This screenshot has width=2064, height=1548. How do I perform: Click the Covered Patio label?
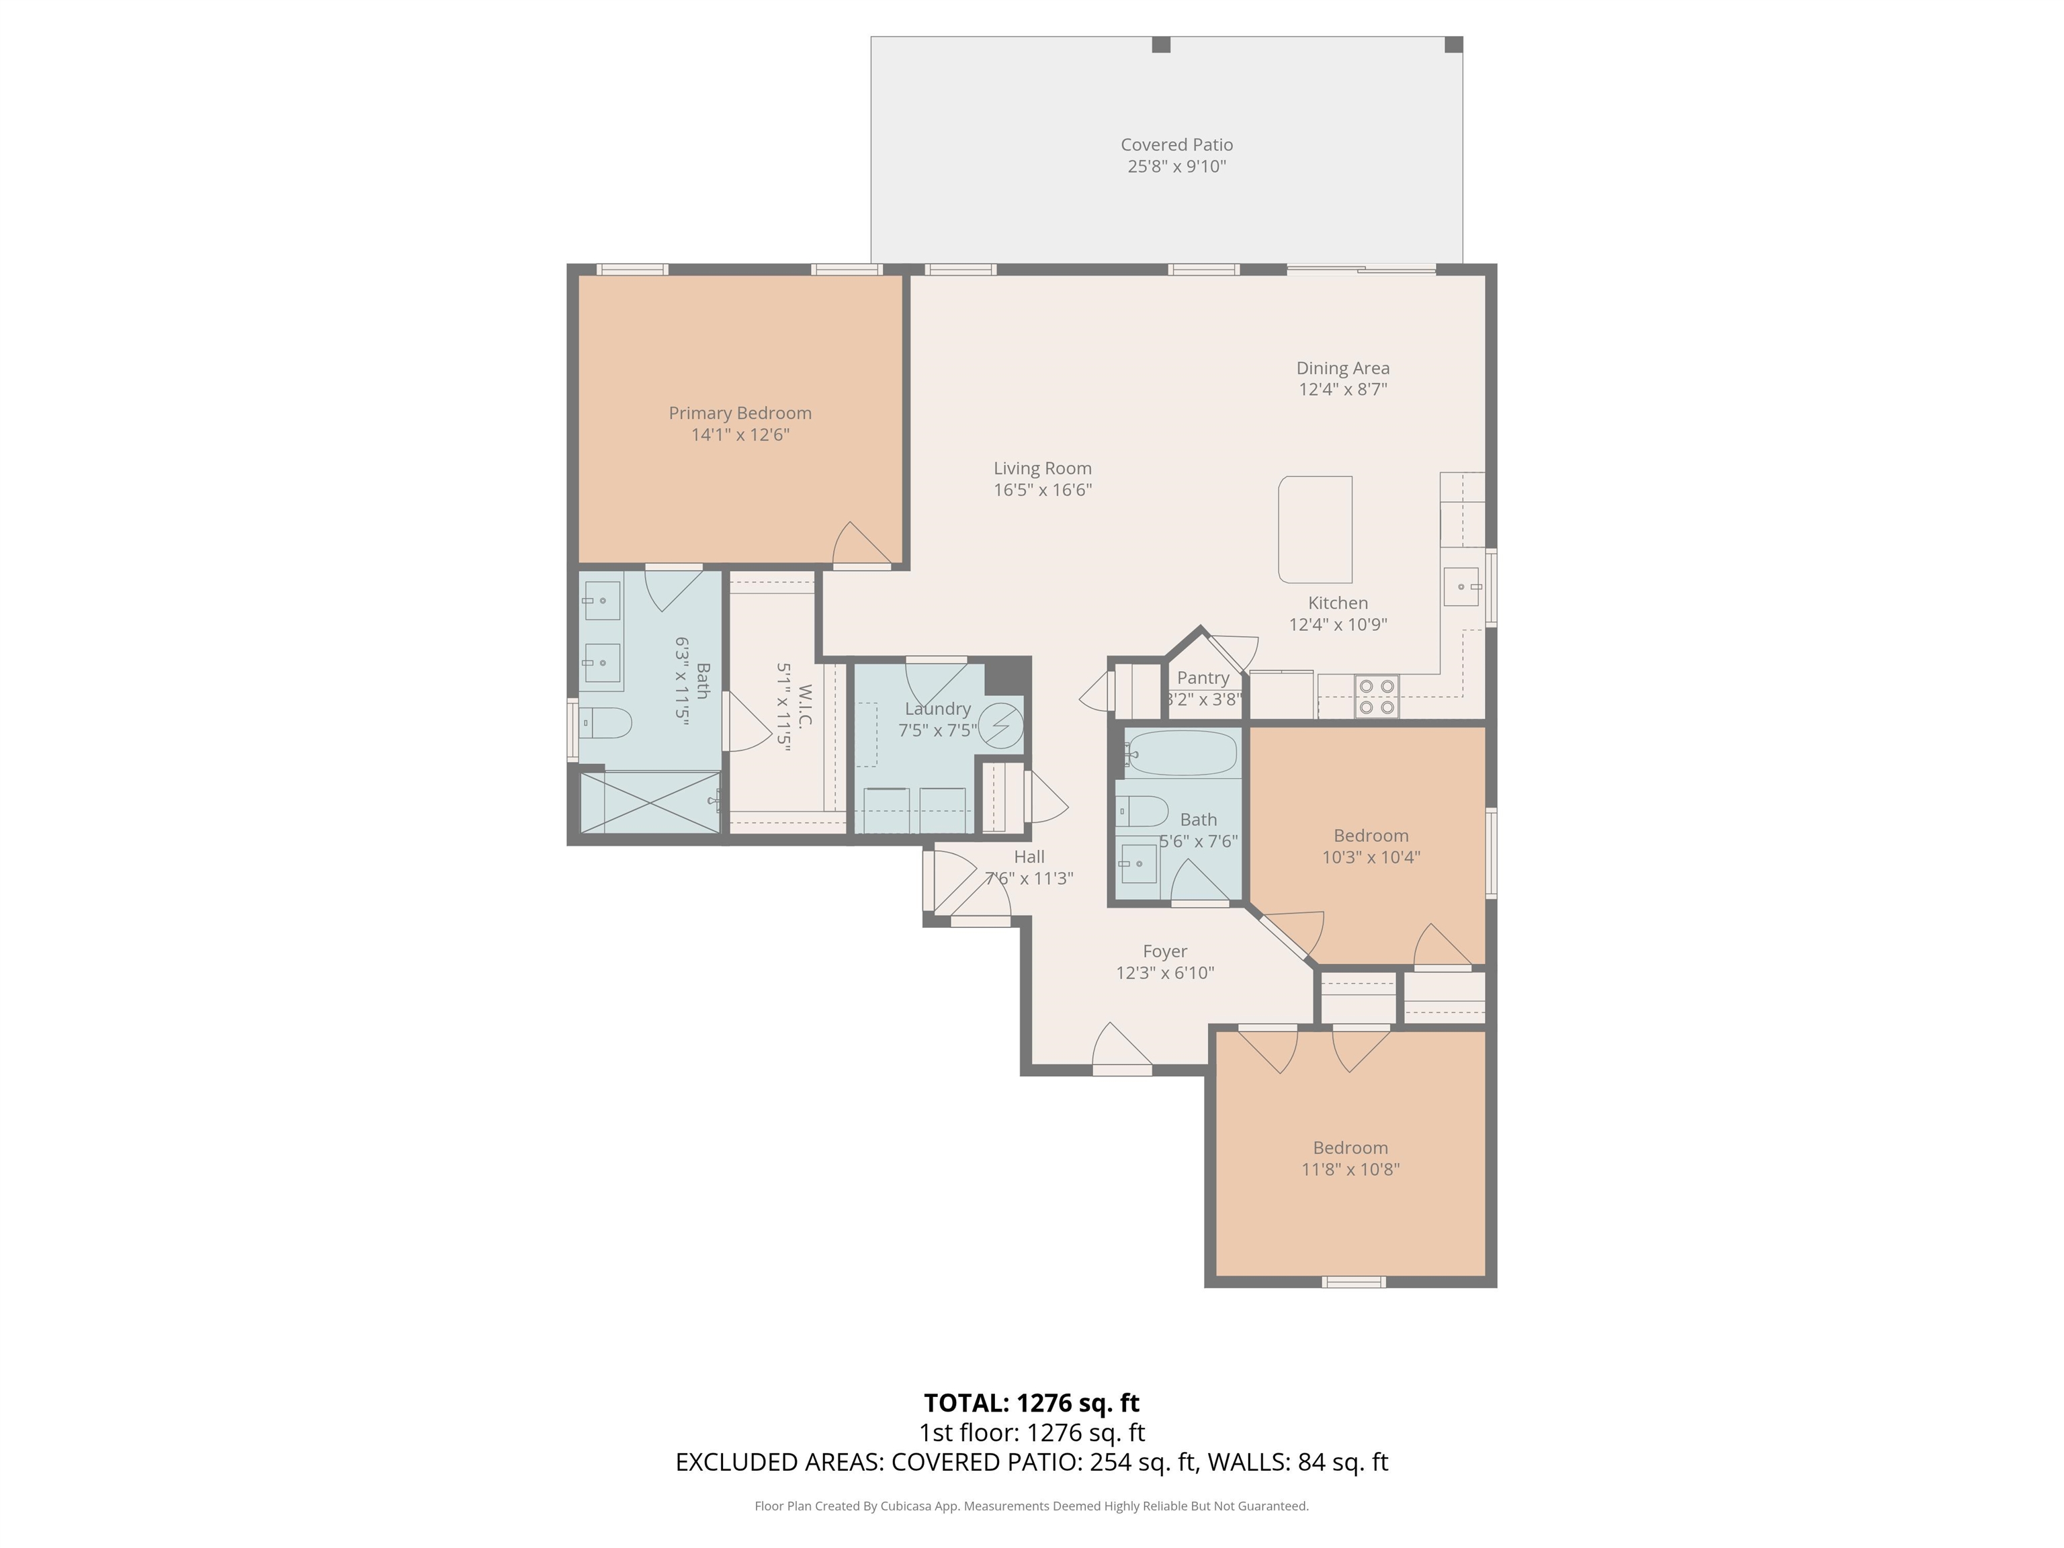[x=1176, y=144]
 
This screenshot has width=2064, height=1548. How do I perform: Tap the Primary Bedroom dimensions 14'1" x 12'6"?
[x=740, y=435]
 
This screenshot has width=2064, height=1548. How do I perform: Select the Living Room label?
[x=1042, y=468]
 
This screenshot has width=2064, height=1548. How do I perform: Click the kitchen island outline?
[x=1315, y=529]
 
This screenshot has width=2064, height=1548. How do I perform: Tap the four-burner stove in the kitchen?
[x=1376, y=696]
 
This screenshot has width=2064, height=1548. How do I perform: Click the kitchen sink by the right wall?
[x=1461, y=586]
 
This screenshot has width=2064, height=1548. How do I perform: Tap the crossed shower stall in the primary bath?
[x=650, y=801]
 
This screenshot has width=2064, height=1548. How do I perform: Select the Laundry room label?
[x=938, y=709]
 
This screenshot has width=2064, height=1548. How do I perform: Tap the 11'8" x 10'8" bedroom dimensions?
[x=1350, y=1169]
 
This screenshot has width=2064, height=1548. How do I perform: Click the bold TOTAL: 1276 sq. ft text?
[x=1031, y=1402]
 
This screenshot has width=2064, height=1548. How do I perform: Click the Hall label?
[x=1029, y=857]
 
